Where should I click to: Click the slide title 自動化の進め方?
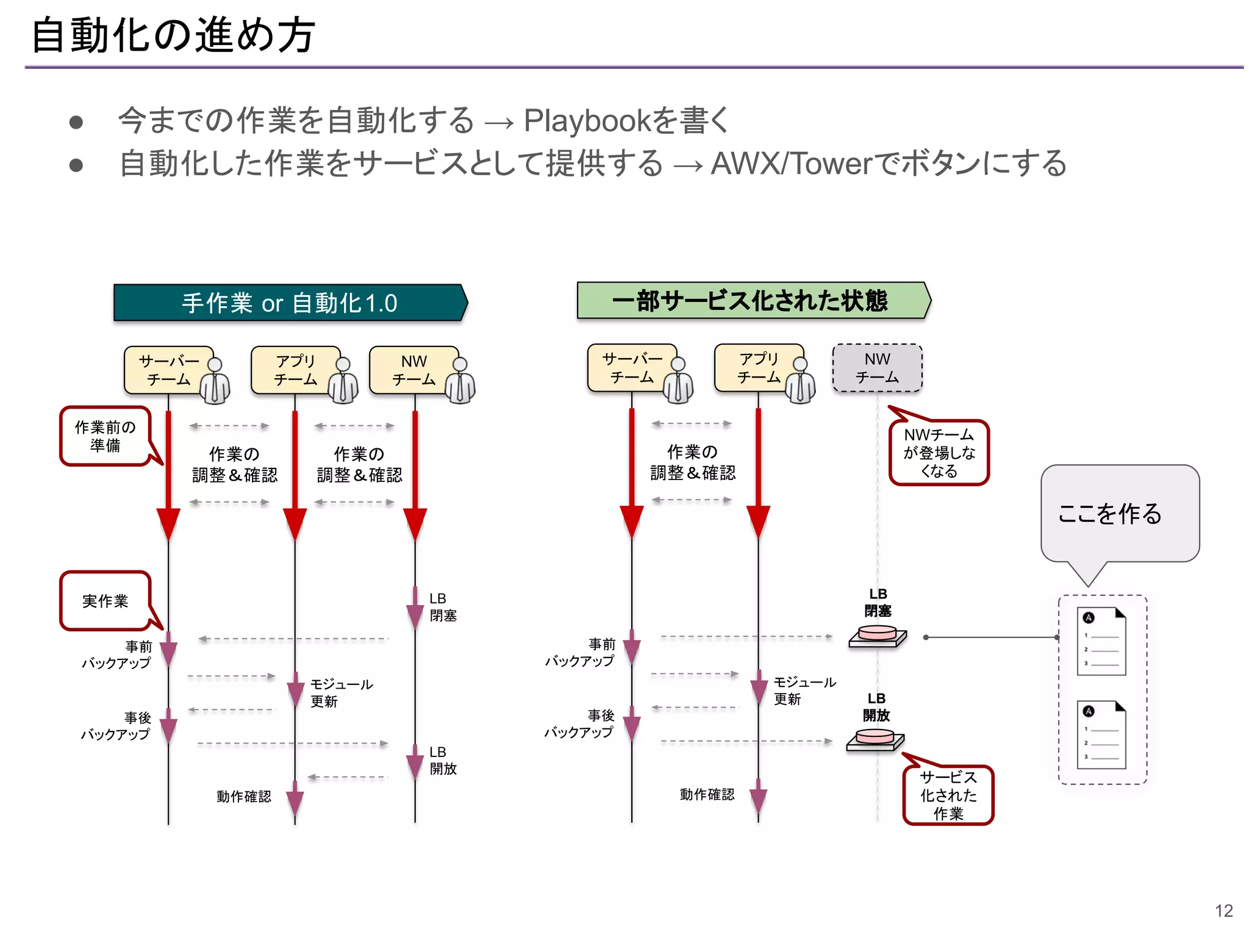point(173,35)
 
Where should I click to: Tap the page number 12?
point(1223,910)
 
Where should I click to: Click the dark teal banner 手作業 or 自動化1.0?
point(290,303)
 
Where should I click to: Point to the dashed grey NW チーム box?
point(877,368)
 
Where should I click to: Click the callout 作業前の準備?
point(105,436)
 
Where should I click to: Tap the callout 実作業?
point(105,601)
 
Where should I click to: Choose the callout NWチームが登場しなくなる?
point(939,453)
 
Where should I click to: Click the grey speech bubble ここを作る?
point(1119,513)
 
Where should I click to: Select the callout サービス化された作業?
point(948,795)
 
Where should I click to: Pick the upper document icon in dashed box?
point(1101,641)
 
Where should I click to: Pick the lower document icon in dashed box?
point(1101,735)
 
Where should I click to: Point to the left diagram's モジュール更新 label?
point(340,692)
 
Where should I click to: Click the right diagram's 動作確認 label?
point(707,794)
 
